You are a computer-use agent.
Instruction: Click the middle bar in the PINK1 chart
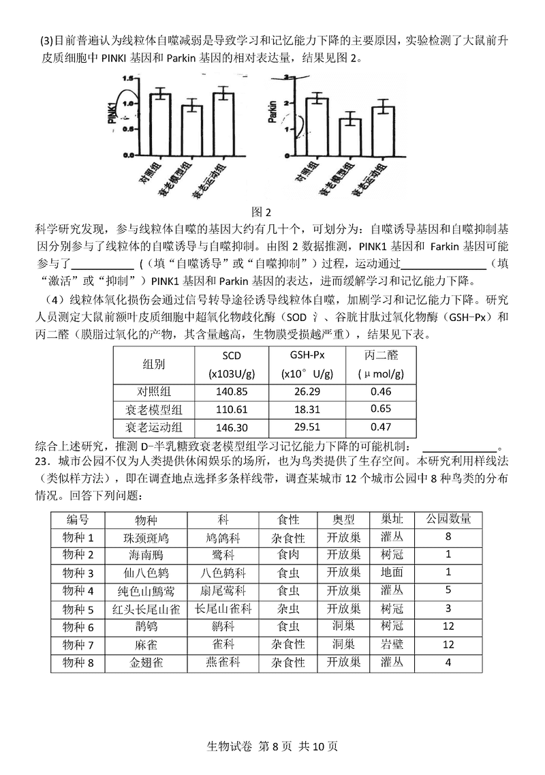click(192, 130)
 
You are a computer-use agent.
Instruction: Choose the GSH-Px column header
click(307, 355)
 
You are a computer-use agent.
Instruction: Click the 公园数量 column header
click(448, 519)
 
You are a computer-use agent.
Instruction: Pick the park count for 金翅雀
click(448, 661)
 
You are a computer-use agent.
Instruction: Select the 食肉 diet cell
click(288, 555)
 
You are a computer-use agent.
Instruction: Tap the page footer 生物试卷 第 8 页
click(272, 746)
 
